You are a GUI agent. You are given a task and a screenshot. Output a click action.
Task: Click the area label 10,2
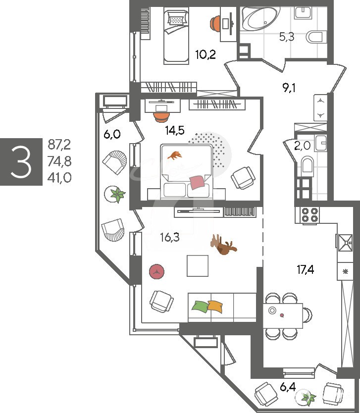click(206, 54)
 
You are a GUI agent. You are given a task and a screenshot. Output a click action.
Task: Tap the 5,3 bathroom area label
click(287, 37)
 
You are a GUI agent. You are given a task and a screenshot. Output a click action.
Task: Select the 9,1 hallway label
click(289, 88)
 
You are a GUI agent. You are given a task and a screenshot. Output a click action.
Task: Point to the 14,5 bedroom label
click(175, 130)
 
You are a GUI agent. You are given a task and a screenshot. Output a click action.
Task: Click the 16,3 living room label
click(170, 237)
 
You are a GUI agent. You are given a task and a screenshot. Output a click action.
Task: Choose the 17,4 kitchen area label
click(305, 269)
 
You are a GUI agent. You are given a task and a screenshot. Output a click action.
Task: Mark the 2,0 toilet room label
click(303, 146)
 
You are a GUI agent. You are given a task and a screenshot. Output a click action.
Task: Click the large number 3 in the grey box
click(21, 162)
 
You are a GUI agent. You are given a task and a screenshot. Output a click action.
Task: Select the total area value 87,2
click(59, 145)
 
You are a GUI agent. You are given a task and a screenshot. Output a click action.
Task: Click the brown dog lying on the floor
click(223, 245)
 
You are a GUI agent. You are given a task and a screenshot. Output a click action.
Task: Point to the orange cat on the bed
click(174, 155)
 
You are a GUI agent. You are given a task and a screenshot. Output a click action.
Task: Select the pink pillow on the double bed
click(197, 182)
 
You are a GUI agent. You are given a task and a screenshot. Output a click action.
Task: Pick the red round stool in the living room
click(156, 271)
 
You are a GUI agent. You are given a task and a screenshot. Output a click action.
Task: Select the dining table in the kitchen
click(283, 315)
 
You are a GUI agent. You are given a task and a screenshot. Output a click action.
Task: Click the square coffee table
click(198, 265)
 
